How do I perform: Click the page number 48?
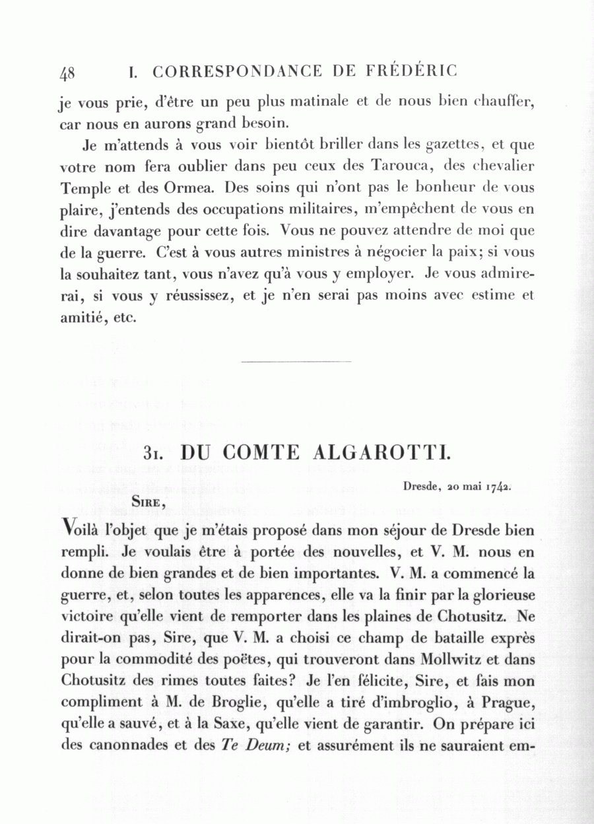click(67, 73)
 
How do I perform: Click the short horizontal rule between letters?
click(297, 361)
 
